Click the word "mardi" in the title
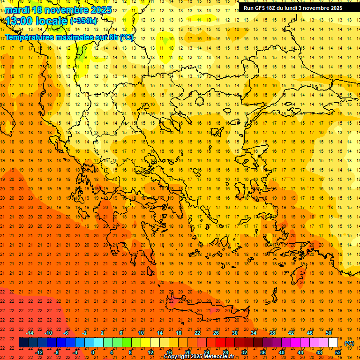tap(17, 10)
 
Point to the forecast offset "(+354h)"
tap(83, 21)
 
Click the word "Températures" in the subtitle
tap(32, 37)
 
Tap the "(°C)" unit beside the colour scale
tap(349, 343)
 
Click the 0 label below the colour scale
tap(93, 352)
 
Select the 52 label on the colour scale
tap(338, 352)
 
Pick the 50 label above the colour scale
tap(329, 333)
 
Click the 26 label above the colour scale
tap(216, 333)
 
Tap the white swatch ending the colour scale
tap(333, 343)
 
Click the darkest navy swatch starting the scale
tap(23, 343)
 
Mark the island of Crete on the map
tap(206, 310)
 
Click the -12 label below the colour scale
tap(39, 352)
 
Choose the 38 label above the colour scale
tap(272, 333)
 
